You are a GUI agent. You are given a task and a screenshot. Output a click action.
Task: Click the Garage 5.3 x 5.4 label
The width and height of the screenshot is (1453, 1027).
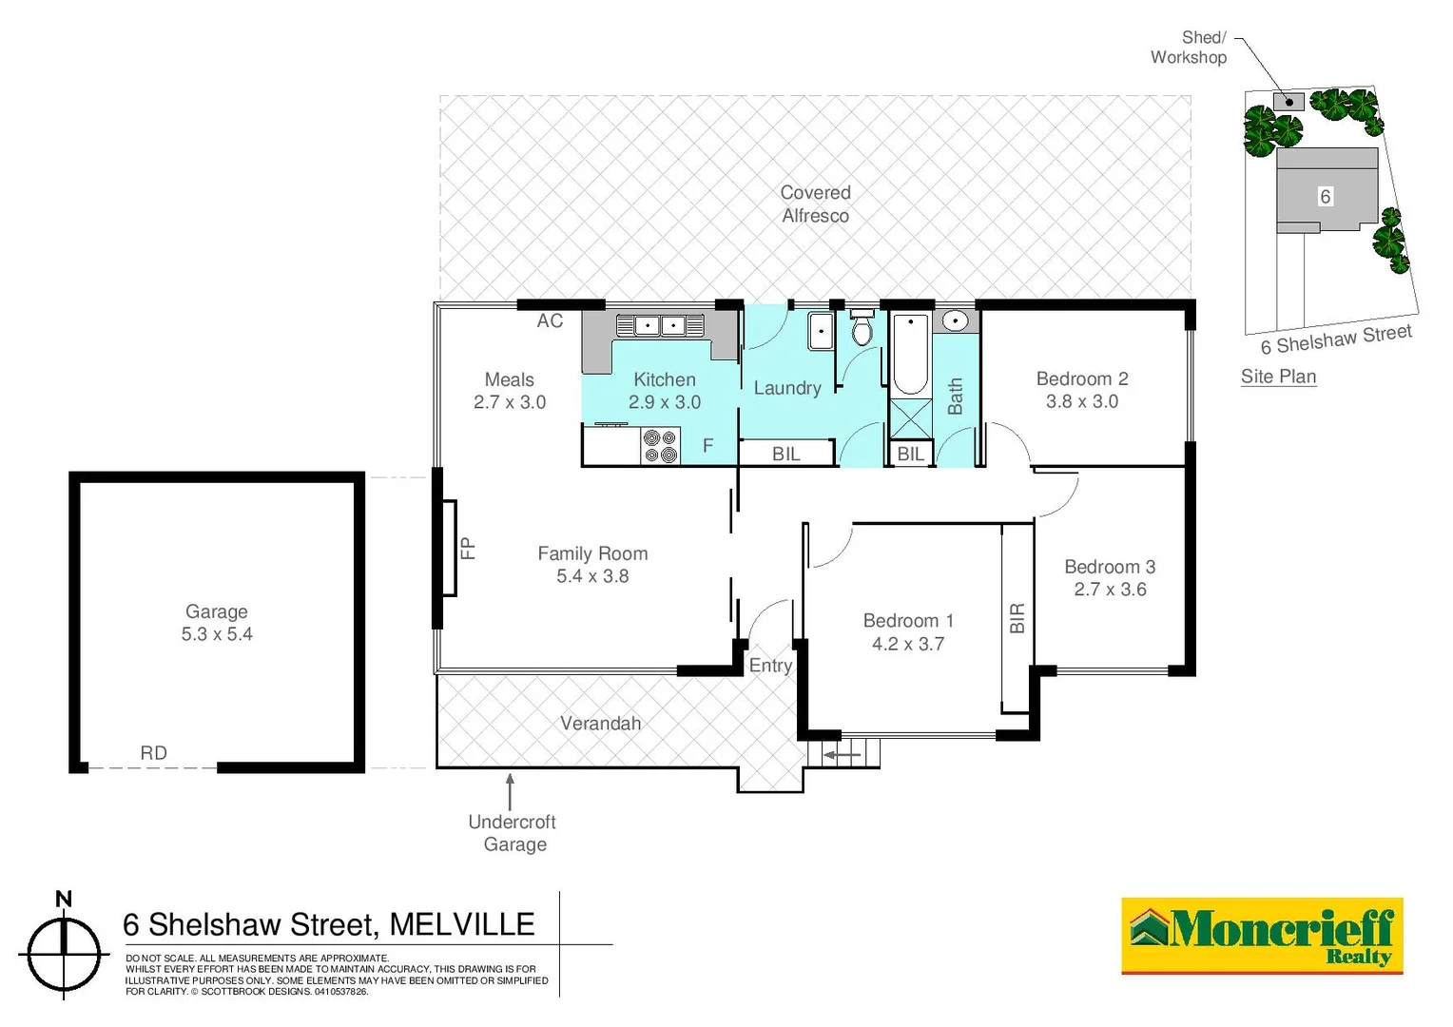click(x=217, y=623)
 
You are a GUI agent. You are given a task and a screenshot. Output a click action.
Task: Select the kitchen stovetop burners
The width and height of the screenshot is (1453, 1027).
click(x=660, y=446)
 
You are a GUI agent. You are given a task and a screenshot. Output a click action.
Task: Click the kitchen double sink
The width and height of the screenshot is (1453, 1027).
click(x=660, y=326)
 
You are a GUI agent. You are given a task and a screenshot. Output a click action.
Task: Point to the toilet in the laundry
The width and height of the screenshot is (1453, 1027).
click(x=862, y=329)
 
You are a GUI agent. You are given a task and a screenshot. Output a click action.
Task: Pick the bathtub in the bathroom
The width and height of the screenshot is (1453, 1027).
click(x=910, y=354)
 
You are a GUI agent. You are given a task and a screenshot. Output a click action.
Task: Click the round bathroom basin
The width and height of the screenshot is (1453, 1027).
click(x=954, y=321)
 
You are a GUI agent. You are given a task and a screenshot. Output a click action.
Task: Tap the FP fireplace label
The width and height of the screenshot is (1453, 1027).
click(x=467, y=548)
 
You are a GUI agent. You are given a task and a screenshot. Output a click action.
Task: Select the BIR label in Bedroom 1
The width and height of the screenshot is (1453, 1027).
click(x=1017, y=618)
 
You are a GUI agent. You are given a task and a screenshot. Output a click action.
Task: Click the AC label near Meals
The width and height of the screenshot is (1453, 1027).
click(x=550, y=321)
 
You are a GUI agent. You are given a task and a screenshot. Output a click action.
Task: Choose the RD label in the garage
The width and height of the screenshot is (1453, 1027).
click(x=153, y=753)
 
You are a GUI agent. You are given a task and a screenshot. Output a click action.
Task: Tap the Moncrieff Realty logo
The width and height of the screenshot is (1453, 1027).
click(x=1262, y=936)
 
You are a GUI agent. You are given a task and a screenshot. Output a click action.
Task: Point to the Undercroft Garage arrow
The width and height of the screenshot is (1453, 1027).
click(x=511, y=791)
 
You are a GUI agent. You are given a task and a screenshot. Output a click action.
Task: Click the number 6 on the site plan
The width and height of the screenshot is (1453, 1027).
click(x=1325, y=197)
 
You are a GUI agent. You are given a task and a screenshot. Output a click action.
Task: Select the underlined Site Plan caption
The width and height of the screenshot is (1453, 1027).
click(x=1278, y=377)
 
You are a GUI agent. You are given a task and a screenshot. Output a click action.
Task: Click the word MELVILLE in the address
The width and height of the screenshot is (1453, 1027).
click(x=462, y=924)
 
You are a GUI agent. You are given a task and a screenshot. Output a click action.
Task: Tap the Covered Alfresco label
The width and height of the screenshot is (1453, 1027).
click(x=815, y=204)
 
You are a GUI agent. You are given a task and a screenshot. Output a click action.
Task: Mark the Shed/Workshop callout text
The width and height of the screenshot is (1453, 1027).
click(x=1189, y=48)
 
